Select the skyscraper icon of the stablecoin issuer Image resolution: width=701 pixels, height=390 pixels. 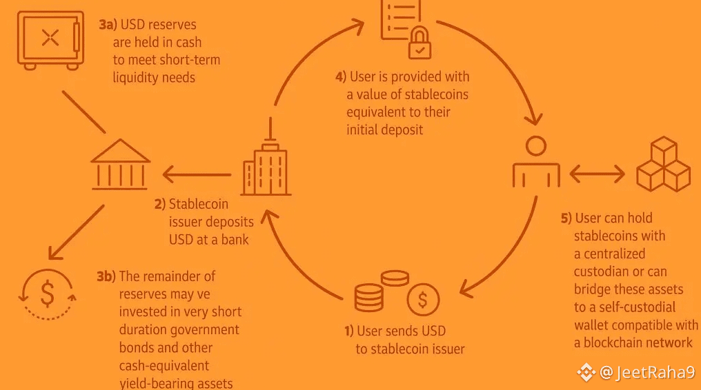coord(266,165)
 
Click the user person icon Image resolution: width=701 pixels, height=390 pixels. coord(535,163)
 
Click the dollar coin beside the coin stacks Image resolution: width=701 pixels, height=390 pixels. coord(423,299)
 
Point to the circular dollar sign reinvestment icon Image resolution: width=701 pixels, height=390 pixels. coord(47,294)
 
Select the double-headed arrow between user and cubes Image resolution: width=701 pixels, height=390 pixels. coord(597,173)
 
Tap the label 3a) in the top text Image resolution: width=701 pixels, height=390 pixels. coord(108,25)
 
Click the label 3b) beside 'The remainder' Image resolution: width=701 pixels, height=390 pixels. coord(106,276)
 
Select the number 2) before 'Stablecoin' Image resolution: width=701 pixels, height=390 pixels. coord(159,204)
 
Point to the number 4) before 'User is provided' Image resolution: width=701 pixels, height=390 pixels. coord(340,76)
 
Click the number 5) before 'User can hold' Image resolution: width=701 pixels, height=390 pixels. coord(566,218)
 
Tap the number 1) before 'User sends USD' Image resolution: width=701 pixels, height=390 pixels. coord(349,331)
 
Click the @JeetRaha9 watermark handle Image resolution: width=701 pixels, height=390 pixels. coord(646,373)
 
